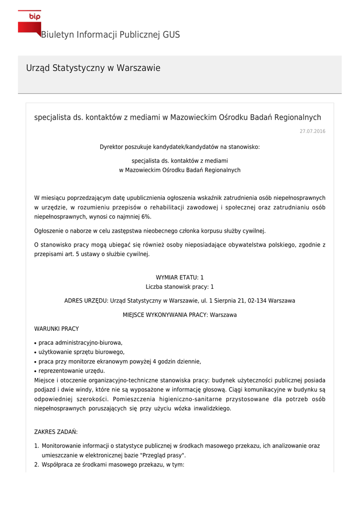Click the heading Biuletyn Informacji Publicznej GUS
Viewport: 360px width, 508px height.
[110, 35]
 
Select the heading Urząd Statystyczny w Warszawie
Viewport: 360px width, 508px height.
[93, 68]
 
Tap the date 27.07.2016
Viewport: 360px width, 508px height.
[312, 131]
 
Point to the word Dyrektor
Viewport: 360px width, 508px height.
[112, 147]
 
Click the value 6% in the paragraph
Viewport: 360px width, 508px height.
[146, 217]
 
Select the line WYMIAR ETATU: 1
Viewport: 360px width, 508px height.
[180, 277]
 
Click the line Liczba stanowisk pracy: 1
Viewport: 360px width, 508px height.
[180, 287]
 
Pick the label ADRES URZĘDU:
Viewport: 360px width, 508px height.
[86, 301]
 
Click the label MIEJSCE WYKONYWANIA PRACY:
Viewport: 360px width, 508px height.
[166, 315]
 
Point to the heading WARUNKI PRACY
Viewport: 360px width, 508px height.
[56, 328]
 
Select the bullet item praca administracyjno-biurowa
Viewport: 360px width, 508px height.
[80, 343]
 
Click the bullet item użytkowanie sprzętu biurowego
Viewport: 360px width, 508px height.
[81, 352]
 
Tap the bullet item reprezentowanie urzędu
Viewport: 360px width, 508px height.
[72, 371]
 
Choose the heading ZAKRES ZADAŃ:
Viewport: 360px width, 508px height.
[56, 432]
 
